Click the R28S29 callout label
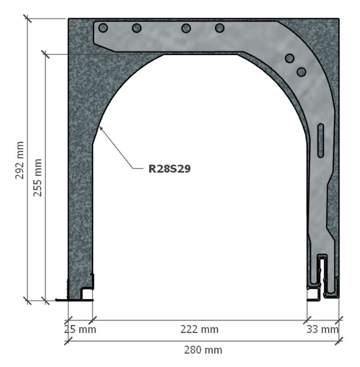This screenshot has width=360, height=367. (x=169, y=169)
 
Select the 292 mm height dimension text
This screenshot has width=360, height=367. (x=19, y=160)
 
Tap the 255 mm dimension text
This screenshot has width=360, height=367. (x=37, y=178)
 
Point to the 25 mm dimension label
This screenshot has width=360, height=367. (x=80, y=330)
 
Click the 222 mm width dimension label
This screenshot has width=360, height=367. (x=199, y=330)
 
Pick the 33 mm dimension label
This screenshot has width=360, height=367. (x=322, y=330)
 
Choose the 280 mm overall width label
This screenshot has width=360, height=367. (x=203, y=350)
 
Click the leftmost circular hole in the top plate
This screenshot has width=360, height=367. (x=103, y=28)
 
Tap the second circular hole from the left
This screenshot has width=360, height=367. (x=137, y=28)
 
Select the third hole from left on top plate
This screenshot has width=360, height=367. (x=186, y=28)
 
